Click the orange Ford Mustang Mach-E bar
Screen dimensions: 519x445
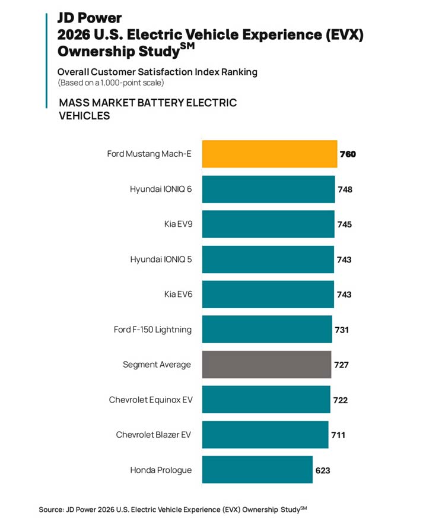pos(269,154)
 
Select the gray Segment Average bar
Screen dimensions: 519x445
pos(266,365)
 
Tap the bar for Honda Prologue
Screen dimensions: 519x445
pos(257,470)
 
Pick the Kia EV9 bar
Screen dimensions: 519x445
pos(268,224)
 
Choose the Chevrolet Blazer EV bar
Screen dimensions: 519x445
pos(265,435)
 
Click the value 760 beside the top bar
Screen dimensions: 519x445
pos(348,154)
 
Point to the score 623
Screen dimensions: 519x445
pos(323,470)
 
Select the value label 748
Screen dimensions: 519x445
pos(345,189)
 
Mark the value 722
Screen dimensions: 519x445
pos(340,400)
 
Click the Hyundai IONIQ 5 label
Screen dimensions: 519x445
pos(161,259)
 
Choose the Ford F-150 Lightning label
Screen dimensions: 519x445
pos(152,330)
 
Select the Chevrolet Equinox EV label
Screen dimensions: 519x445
pos(150,400)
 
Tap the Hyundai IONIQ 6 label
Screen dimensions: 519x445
pos(161,189)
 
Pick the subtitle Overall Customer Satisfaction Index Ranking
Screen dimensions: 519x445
pos(157,72)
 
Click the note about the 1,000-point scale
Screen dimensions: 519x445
pos(110,83)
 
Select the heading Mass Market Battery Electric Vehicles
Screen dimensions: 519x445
pos(148,109)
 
